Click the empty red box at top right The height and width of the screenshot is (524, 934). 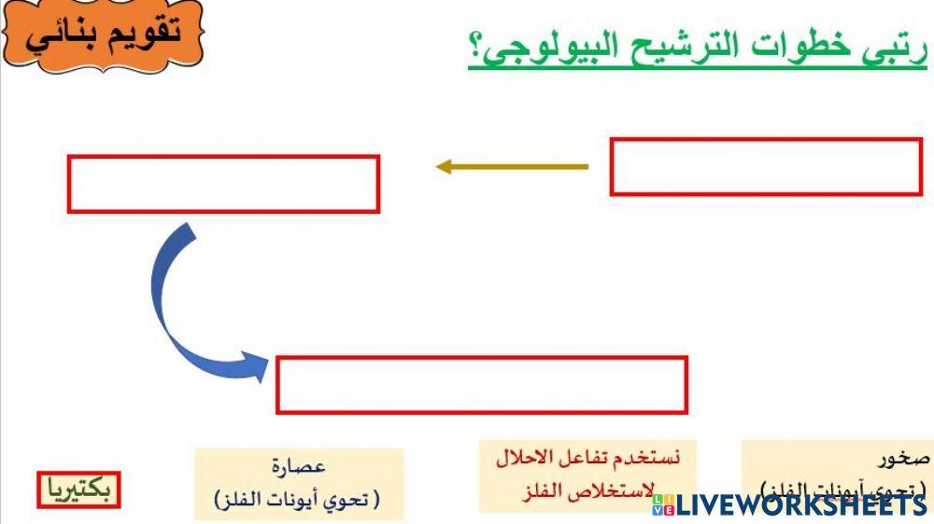pos(766,167)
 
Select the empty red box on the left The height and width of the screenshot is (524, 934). pos(223,184)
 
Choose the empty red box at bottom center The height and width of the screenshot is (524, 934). pos(482,385)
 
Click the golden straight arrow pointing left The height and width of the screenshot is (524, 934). pos(512,167)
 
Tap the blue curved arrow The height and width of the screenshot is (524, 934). pos(187,308)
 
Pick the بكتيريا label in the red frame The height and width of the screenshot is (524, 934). pos(79,489)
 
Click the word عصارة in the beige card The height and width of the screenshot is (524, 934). pos(299,466)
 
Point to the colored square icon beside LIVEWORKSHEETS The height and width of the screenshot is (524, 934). pos(663,504)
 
